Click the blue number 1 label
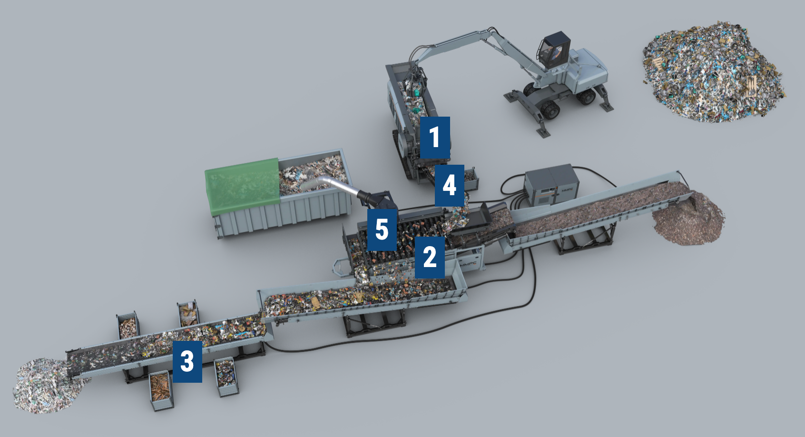tap(434, 137)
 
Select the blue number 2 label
tap(430, 257)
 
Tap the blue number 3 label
tap(187, 361)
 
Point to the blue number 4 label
tap(449, 185)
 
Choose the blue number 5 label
tap(382, 229)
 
